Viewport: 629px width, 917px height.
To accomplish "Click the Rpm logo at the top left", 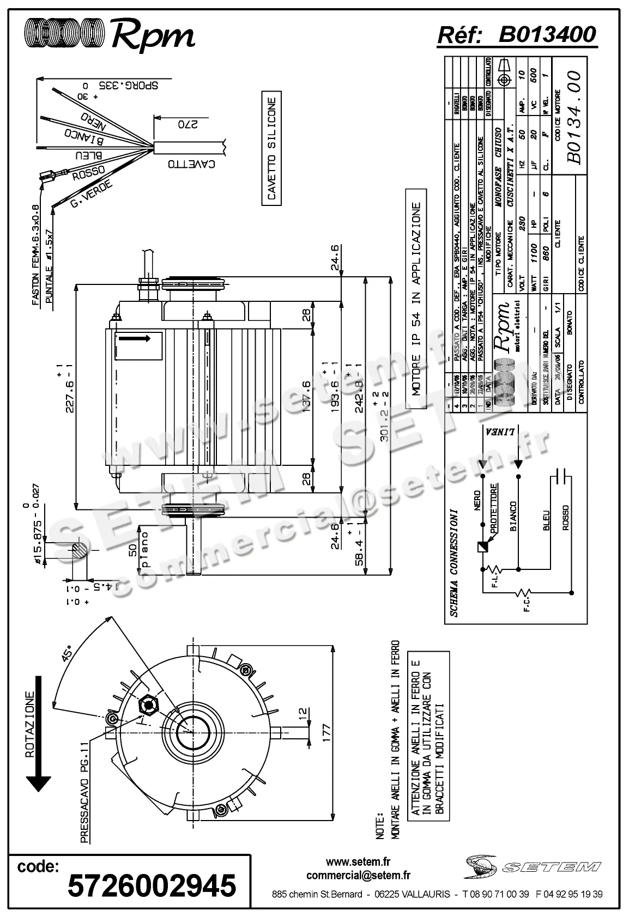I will pos(109,35).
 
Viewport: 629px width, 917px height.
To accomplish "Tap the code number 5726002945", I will pos(152,884).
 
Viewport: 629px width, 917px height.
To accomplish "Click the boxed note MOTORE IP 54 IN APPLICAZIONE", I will pos(416,299).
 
